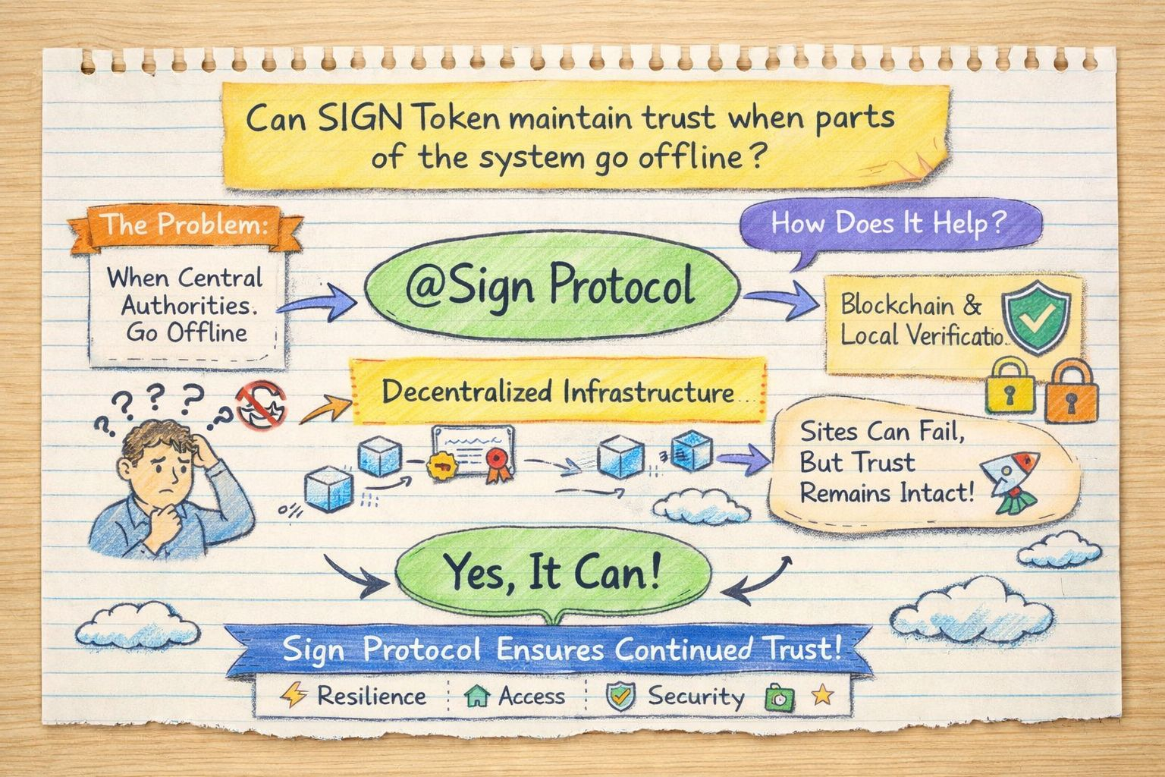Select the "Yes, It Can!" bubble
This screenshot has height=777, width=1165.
pos(552,574)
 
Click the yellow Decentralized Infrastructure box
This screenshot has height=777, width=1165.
pos(558,392)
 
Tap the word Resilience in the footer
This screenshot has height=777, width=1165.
pos(372,696)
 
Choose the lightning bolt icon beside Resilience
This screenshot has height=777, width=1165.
pos(292,696)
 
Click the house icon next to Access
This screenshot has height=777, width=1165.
pos(476,697)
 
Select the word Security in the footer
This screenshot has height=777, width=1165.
pos(696,696)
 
